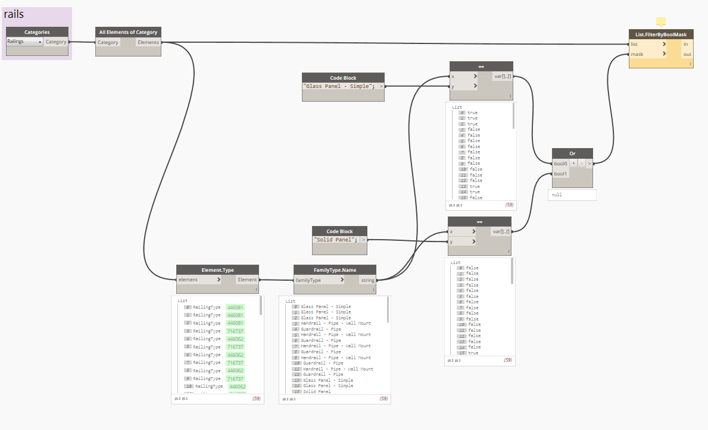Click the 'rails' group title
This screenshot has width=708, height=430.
(14, 14)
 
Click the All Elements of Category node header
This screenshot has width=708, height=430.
(128, 32)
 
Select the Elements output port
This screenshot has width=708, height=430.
(148, 42)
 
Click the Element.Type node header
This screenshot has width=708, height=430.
(217, 270)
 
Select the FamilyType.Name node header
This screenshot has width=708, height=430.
(335, 270)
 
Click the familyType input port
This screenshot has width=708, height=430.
(318, 280)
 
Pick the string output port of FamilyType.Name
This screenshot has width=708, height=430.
(367, 280)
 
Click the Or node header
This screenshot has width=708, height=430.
(572, 153)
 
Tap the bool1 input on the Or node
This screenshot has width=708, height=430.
(561, 174)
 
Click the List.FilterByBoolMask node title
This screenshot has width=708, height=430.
(661, 34)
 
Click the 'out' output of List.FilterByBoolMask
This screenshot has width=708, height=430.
(687, 54)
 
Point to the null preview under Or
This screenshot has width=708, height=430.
(572, 195)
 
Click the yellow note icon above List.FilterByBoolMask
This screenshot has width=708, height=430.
(660, 22)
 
